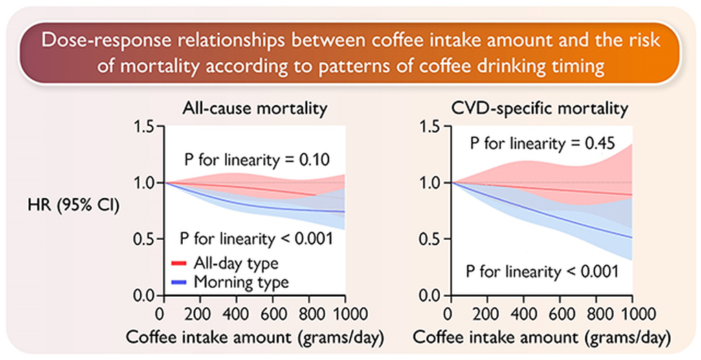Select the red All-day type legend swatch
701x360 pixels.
click(x=179, y=263)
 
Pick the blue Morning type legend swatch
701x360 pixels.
click(x=179, y=281)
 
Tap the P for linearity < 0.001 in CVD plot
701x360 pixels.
click(x=543, y=270)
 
